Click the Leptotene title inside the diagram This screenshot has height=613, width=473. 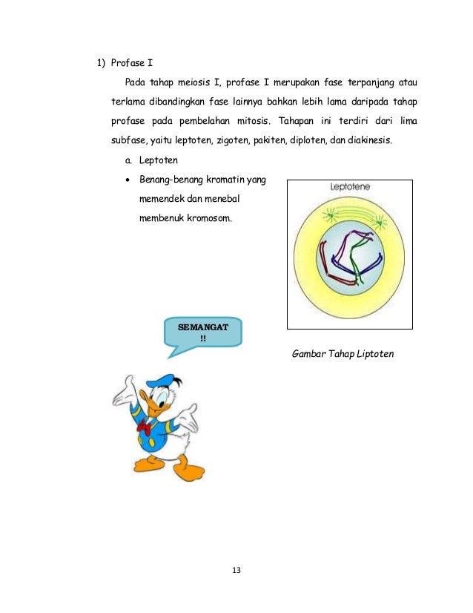[x=351, y=189]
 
